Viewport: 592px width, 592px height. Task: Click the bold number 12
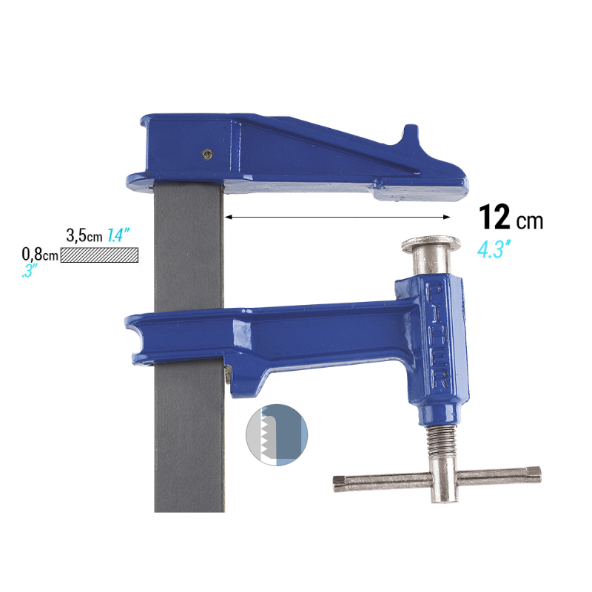click(x=494, y=217)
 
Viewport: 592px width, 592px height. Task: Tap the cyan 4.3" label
click(x=494, y=249)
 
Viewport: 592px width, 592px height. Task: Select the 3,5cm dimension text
click(x=84, y=235)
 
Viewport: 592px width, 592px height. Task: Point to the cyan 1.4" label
click(x=118, y=235)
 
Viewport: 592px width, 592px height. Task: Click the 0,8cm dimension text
click(x=40, y=254)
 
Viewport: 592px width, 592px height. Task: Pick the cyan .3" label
click(x=30, y=271)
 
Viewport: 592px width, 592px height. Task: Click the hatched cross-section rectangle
click(x=99, y=255)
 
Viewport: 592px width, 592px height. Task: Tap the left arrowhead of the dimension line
click(x=228, y=217)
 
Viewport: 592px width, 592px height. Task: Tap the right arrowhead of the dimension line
click(x=447, y=217)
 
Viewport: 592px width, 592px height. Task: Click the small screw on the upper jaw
click(x=207, y=153)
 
